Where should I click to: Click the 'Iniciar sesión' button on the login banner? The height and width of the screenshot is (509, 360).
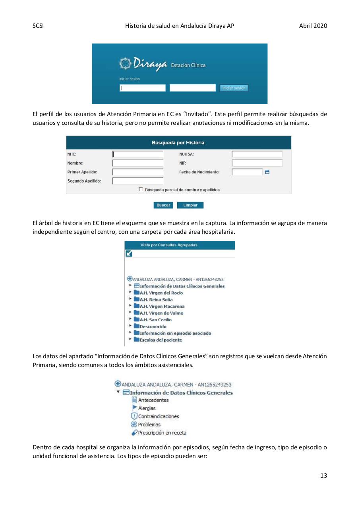(x=234, y=88)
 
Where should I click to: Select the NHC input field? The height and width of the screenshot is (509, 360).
(x=138, y=154)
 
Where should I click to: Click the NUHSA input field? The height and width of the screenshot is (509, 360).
(x=257, y=154)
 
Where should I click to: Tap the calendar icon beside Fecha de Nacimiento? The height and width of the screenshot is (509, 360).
(x=267, y=172)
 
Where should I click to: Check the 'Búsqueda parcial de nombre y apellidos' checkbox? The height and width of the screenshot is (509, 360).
(x=141, y=190)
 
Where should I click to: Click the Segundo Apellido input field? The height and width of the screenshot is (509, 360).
(x=138, y=181)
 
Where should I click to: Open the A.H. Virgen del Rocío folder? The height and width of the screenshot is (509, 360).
(x=161, y=293)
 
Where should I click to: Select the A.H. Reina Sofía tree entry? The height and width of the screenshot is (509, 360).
(x=156, y=300)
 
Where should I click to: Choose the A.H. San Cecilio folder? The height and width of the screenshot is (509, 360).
(x=155, y=320)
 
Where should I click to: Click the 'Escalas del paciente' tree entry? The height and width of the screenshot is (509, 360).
(x=161, y=340)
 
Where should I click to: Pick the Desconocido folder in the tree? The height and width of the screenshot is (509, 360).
(x=153, y=326)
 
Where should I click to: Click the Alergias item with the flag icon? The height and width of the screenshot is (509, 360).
(x=146, y=408)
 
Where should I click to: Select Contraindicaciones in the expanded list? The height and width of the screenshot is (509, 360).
(x=158, y=416)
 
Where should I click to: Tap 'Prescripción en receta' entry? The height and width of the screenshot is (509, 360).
(x=162, y=433)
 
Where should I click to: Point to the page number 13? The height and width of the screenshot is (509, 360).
(x=323, y=475)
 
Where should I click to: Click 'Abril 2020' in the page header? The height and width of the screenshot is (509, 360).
(x=313, y=26)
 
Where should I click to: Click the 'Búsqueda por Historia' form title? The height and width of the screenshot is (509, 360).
(x=178, y=143)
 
